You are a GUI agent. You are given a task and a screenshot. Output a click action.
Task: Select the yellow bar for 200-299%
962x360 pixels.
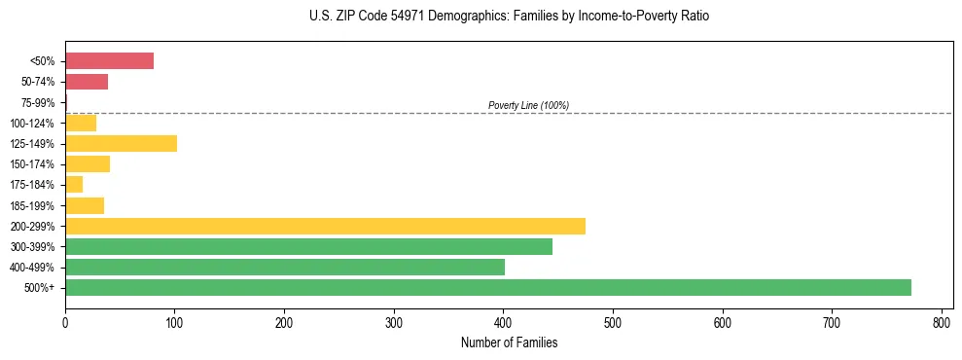pos(325,226)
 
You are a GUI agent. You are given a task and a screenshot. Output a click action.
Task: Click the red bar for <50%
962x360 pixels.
pos(109,61)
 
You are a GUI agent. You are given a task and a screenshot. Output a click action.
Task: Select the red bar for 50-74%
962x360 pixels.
pos(87,82)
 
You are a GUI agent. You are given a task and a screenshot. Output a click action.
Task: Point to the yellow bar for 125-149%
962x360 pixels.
pos(121,143)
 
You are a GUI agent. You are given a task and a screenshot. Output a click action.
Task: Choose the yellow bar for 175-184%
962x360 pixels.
pos(74,184)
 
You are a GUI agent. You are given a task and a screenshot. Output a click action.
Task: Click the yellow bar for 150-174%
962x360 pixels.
pos(88,163)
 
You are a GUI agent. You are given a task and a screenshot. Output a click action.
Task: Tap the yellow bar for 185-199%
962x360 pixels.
pos(85,205)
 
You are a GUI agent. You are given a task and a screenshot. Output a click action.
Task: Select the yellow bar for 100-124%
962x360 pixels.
pos(81,123)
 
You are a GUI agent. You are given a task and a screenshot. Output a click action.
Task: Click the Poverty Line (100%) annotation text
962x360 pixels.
pos(528,105)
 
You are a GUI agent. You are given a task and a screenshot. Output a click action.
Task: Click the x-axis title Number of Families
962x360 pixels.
pos(509,342)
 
